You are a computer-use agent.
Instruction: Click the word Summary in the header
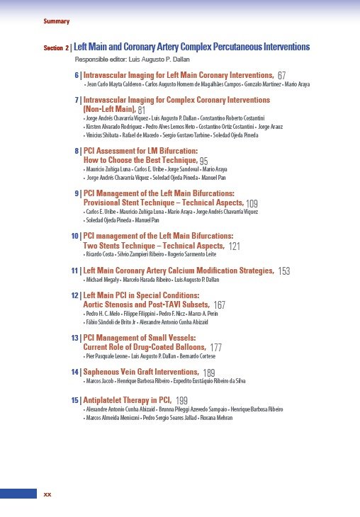(56, 22)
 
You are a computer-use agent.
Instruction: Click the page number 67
(282, 75)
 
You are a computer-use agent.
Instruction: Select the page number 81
(142, 110)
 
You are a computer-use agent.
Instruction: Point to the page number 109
(252, 203)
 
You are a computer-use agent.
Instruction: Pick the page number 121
(235, 246)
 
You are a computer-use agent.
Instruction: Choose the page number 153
(283, 271)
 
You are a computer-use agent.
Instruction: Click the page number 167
(219, 305)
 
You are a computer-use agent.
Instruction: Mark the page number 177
(216, 348)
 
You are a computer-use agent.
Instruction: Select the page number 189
(209, 373)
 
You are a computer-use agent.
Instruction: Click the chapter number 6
(77, 74)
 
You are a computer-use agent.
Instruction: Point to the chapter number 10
(75, 235)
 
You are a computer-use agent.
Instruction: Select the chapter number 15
(75, 400)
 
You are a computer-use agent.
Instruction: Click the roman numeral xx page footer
(48, 493)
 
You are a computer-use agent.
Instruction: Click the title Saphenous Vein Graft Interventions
(141, 371)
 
